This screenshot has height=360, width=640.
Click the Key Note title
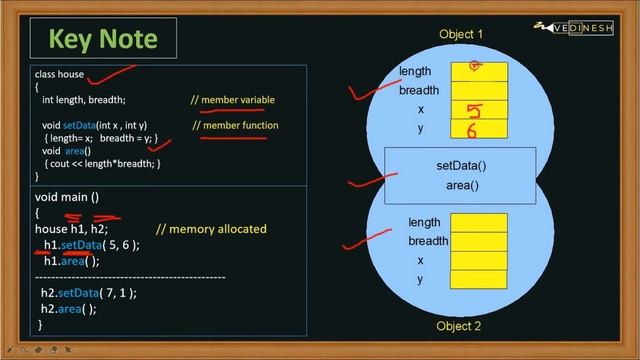(x=104, y=39)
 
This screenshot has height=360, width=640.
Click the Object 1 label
(x=461, y=34)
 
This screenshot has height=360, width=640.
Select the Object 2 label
(x=459, y=327)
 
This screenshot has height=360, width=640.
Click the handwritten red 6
(x=471, y=130)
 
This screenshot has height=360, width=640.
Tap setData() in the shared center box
(x=461, y=165)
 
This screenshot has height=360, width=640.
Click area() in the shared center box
(x=461, y=185)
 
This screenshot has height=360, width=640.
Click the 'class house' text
(x=59, y=75)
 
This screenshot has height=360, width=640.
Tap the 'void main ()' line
(x=67, y=197)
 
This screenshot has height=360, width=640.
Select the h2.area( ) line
(x=68, y=309)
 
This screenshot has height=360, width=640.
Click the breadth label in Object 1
(x=419, y=90)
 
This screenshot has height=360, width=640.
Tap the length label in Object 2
(x=424, y=222)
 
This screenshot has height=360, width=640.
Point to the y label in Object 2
(x=420, y=279)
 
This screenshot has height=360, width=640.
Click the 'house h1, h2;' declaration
(x=71, y=229)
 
